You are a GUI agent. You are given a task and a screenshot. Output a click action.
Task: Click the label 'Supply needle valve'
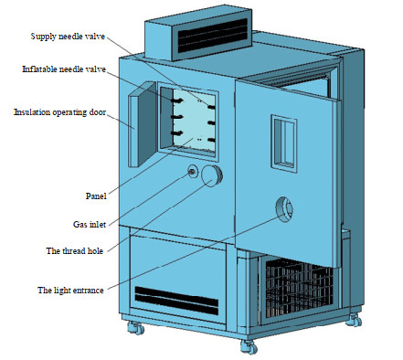point(68,37)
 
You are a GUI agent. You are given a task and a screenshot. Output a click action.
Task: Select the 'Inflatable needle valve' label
point(64,69)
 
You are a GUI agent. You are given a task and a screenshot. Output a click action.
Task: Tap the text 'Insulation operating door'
point(60,112)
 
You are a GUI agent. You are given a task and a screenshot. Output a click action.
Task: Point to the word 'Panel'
point(96,196)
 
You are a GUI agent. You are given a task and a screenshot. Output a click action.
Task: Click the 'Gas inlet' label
point(90,225)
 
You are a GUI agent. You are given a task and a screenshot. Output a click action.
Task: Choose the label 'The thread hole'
point(75,251)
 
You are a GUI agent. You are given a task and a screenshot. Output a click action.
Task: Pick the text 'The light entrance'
point(70,291)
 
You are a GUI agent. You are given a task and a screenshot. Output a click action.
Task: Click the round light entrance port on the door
point(284,209)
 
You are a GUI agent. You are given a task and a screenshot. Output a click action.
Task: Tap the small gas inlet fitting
point(193,172)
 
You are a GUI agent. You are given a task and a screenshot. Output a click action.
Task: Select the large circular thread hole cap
point(212,175)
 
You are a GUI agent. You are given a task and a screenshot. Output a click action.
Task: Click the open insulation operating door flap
point(142,124)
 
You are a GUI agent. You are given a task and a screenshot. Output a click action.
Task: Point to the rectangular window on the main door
point(284,143)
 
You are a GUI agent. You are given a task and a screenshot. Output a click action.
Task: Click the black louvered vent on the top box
point(213,36)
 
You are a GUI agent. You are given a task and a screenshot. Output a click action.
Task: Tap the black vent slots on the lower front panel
point(176,301)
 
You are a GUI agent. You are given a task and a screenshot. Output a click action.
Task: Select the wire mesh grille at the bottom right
point(299,286)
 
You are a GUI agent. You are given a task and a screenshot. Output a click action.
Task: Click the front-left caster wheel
point(135,328)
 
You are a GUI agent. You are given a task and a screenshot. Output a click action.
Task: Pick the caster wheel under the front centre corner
point(249,347)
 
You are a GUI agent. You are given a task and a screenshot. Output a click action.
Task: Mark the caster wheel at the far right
point(354,320)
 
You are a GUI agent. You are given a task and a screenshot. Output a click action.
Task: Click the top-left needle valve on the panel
point(177,101)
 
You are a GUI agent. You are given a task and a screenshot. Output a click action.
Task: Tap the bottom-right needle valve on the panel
point(211,140)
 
